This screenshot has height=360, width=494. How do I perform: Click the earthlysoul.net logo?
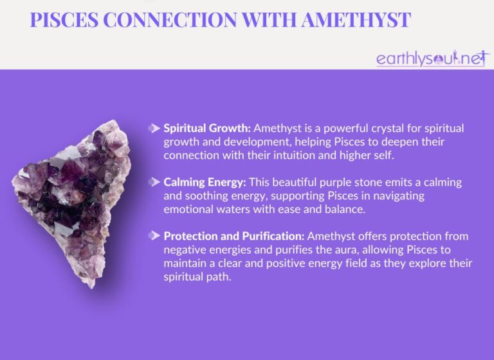(430, 59)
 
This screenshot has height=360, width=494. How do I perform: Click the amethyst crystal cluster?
(72, 199)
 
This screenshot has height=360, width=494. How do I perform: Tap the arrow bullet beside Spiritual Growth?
(154, 128)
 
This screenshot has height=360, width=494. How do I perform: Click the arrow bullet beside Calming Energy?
(154, 182)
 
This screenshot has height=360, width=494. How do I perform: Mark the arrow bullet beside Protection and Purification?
(154, 236)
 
